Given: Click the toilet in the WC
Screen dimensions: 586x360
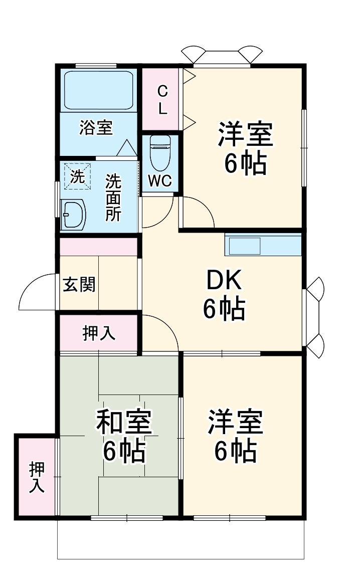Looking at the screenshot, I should click(x=161, y=153).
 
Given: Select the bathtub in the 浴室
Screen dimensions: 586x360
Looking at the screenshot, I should click(x=99, y=90).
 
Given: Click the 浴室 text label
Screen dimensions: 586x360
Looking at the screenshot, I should click(x=96, y=128).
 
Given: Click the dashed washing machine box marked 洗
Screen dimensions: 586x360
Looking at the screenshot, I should click(x=77, y=176).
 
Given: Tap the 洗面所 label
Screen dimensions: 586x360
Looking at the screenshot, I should click(x=113, y=198).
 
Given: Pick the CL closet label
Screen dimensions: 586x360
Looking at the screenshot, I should click(x=162, y=100).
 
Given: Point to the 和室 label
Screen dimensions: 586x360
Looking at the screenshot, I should click(x=124, y=422).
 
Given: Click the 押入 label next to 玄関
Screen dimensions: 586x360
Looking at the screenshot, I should click(x=99, y=333).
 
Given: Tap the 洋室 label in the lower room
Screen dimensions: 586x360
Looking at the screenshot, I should click(x=236, y=422).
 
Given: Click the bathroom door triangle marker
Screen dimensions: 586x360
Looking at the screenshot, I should click(x=126, y=148).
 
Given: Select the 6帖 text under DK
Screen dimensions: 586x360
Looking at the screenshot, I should click(x=224, y=309).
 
